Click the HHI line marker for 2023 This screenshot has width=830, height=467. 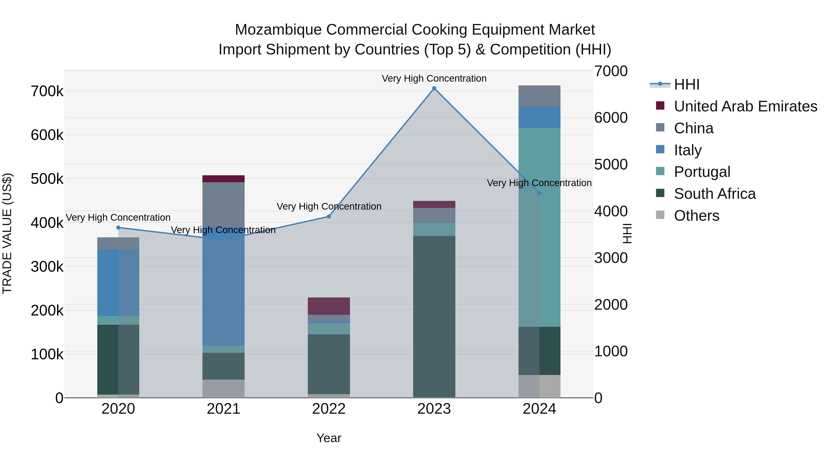434,88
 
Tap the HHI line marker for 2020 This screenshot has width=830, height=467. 118,228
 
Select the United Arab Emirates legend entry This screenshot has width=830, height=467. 745,106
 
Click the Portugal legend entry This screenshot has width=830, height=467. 702,172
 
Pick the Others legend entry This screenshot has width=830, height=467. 696,216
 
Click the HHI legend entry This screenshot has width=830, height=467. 686,84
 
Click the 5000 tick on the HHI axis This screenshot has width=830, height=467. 611,164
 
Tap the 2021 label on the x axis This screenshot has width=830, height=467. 223,409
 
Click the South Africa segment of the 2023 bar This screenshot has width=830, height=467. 434,316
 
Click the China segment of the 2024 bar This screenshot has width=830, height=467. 539,96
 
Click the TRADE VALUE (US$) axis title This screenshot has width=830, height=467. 7,233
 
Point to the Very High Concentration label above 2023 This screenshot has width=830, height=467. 434,78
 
